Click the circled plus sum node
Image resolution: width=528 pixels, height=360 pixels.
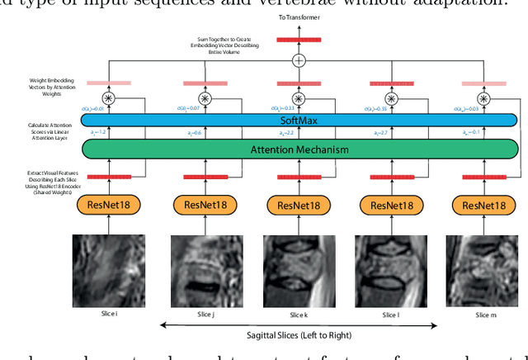pos(299,61)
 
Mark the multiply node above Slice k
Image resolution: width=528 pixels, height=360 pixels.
pos(299,99)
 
